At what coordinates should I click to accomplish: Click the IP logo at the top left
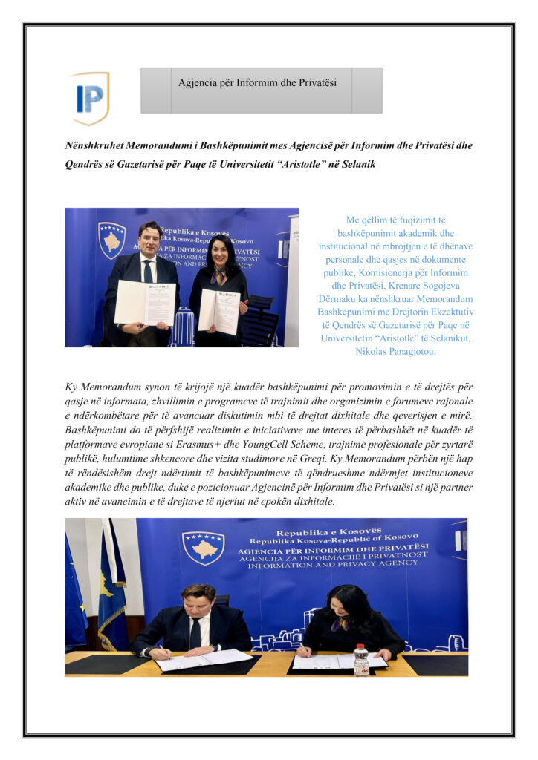89,97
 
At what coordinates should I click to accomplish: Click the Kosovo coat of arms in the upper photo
111,239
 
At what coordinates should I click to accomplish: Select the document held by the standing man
145,304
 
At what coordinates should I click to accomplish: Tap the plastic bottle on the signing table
361,660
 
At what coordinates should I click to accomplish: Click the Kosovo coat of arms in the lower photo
203,547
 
